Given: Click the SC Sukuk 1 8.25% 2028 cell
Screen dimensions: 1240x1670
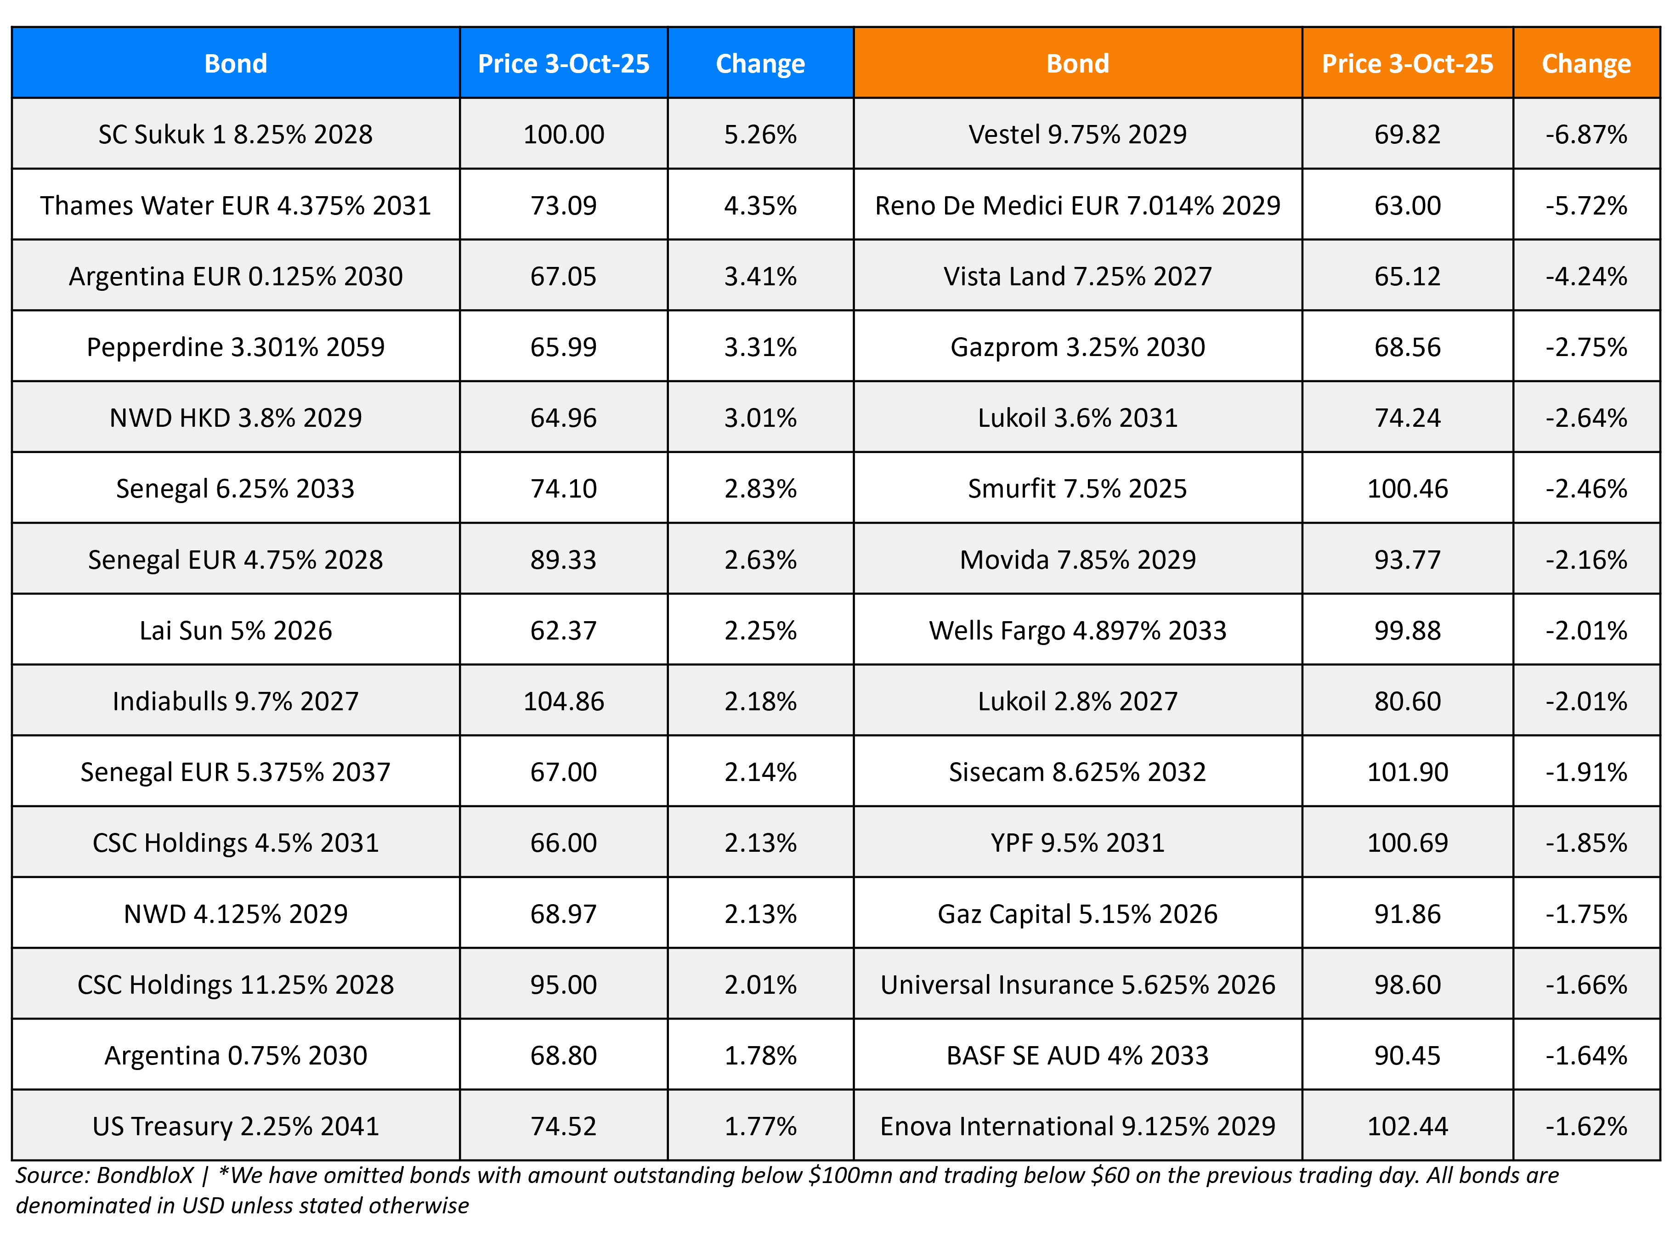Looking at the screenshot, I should (x=236, y=134).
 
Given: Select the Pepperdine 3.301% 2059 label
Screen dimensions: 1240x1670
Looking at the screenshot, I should (x=236, y=347).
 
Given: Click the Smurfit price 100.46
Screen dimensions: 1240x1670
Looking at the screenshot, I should (x=1407, y=489).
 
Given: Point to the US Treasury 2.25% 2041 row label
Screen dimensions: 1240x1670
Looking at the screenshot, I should (x=236, y=1126).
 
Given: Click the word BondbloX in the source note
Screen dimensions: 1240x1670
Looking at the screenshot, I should (x=145, y=1175).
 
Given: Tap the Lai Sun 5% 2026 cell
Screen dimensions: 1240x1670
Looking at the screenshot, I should (x=236, y=630).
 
